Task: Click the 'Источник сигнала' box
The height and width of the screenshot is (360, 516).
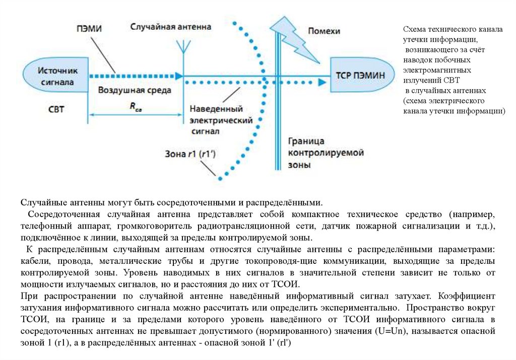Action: pos(56,76)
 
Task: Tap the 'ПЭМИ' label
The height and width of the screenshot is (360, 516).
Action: pos(89,29)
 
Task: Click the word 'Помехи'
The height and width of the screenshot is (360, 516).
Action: pos(324,31)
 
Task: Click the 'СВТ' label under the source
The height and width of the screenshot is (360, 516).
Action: pos(56,109)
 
